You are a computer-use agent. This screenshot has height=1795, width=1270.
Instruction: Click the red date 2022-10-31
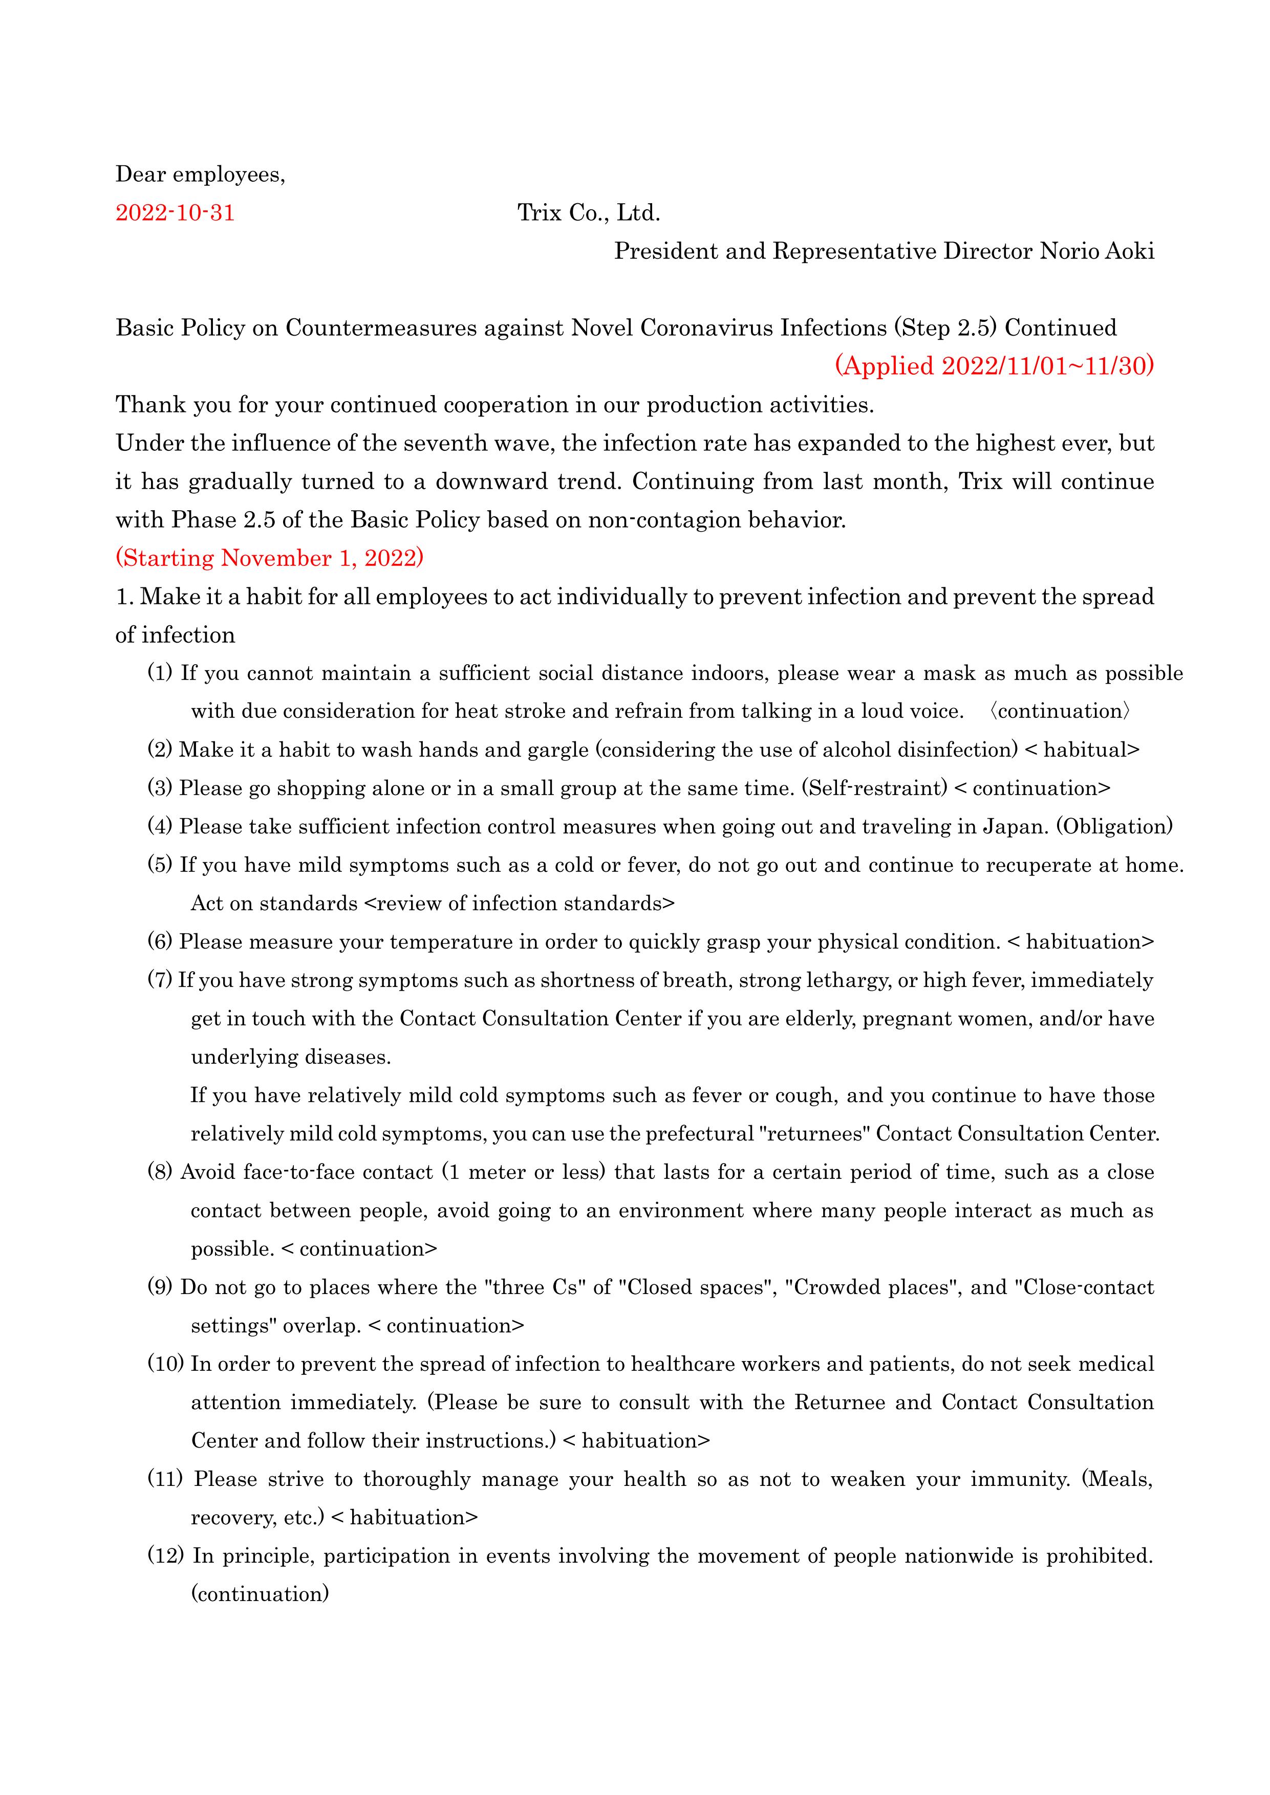click(x=175, y=213)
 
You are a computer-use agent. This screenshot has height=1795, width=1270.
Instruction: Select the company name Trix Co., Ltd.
click(x=588, y=213)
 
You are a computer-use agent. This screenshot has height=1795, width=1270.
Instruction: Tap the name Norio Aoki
click(x=1096, y=252)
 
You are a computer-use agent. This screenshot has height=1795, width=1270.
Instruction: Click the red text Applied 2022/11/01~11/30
click(x=994, y=367)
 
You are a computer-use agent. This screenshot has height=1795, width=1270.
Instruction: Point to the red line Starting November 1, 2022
click(x=270, y=558)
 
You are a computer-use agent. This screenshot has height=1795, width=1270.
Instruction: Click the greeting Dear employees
click(x=200, y=174)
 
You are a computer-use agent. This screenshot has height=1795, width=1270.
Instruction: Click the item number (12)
click(x=166, y=1556)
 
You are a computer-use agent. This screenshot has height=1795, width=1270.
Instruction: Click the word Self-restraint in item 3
click(x=874, y=789)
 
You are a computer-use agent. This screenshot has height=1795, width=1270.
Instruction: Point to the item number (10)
click(x=166, y=1364)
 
